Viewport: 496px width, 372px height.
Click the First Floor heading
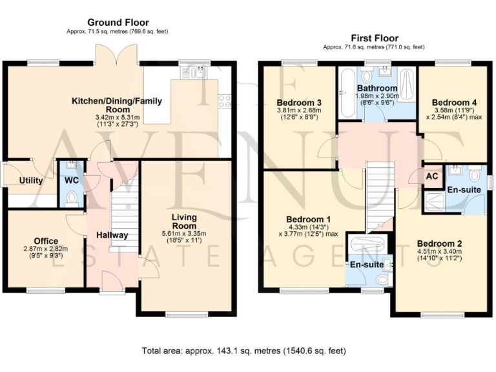pyautogui.click(x=374, y=38)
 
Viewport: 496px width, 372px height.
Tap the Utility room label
pyautogui.click(x=31, y=180)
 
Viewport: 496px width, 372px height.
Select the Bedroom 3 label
pyautogui.click(x=299, y=103)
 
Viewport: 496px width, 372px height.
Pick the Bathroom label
pyautogui.click(x=378, y=88)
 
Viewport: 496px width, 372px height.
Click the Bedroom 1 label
pyautogui.click(x=299, y=218)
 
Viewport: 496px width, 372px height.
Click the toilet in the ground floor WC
pyautogui.click(x=72, y=196)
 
